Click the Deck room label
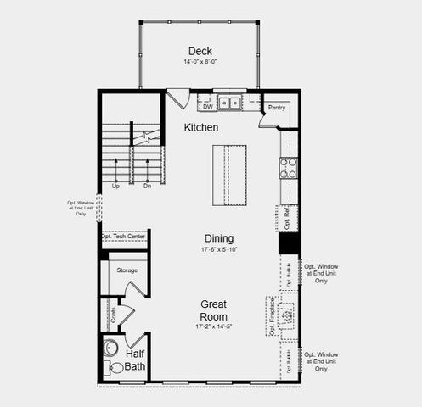coord(200,50)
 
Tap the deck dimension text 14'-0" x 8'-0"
coord(200,62)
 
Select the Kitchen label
coord(201,127)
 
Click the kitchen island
coord(229,175)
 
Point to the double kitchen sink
coord(229,103)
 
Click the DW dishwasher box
coord(207,107)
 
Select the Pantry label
coord(277,108)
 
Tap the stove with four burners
coord(289,167)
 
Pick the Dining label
coord(218,238)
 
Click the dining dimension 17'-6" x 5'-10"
coord(218,250)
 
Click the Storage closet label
coord(127,270)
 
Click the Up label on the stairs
coord(115,186)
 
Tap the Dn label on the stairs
coord(147,186)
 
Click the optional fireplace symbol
coord(287,315)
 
